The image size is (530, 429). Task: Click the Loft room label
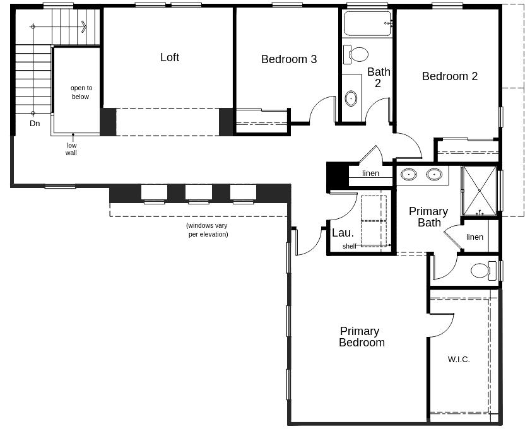170,57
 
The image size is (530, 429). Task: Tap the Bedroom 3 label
289,59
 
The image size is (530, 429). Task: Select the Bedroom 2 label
450,76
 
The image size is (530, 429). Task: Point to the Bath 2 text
379,78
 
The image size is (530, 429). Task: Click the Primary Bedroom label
361,337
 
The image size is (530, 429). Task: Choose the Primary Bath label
428,217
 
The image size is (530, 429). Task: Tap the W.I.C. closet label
459,360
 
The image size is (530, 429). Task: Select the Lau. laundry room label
343,233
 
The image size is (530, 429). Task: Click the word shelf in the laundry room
349,246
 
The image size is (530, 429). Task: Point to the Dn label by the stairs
35,124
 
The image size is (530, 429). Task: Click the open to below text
81,93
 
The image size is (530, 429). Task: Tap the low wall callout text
71,149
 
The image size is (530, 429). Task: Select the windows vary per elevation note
207,230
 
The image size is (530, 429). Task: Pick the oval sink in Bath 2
351,98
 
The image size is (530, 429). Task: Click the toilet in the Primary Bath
481,271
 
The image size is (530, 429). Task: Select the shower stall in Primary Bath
479,190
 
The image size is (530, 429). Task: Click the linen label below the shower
474,237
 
